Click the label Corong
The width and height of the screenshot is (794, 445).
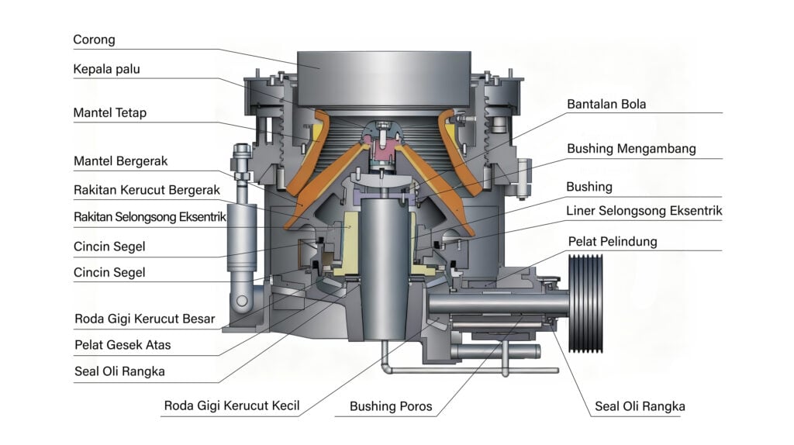pyautogui.click(x=94, y=40)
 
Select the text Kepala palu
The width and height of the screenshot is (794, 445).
pyautogui.click(x=106, y=69)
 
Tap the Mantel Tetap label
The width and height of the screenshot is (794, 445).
pyautogui.click(x=109, y=113)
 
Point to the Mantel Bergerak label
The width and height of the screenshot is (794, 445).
pyautogui.click(x=120, y=161)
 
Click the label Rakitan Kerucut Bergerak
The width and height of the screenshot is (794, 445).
pyautogui.click(x=147, y=189)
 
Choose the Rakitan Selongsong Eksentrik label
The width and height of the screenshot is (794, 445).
pyautogui.click(x=150, y=218)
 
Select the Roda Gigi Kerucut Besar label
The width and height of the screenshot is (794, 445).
pyautogui.click(x=144, y=319)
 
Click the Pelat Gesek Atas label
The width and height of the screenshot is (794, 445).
pyautogui.click(x=123, y=344)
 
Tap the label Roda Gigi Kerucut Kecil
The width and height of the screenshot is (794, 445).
pyautogui.click(x=231, y=405)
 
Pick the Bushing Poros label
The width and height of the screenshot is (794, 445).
pyautogui.click(x=391, y=405)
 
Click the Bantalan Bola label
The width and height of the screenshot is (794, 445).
pyautogui.click(x=606, y=104)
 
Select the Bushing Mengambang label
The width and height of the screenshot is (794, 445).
pyautogui.click(x=631, y=148)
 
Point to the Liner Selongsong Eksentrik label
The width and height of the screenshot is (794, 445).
pyautogui.click(x=644, y=210)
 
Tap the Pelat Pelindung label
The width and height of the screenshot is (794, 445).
pyautogui.click(x=612, y=241)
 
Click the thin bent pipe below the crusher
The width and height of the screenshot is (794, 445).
pyautogui.click(x=465, y=370)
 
